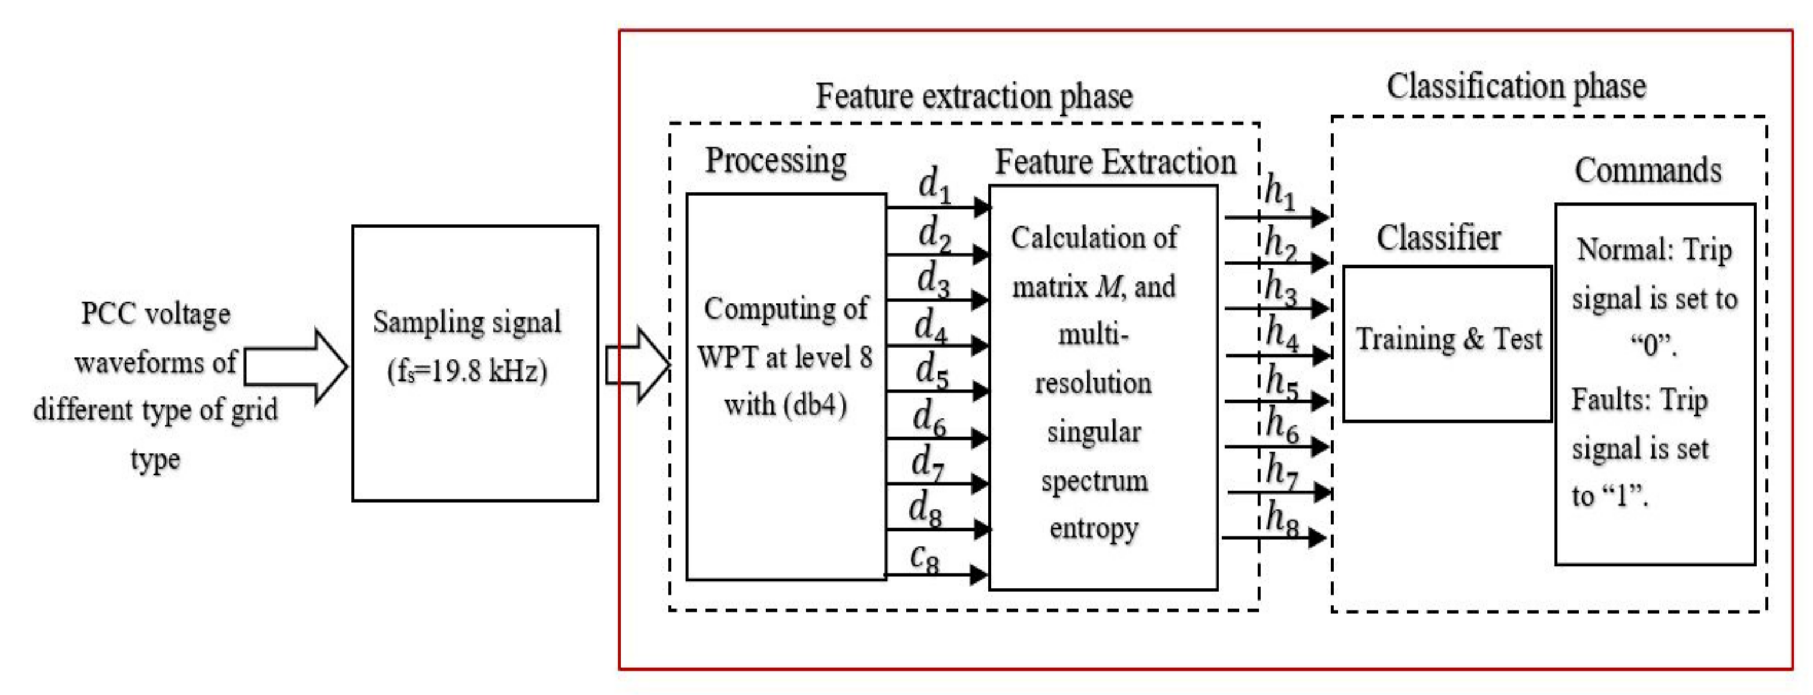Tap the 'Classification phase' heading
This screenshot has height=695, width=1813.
[x=1516, y=87]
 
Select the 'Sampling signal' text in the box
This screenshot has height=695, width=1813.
[x=467, y=322]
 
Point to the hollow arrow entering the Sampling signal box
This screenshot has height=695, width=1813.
[x=296, y=366]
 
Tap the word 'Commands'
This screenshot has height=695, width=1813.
[x=1648, y=171]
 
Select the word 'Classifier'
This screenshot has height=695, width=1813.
[x=1438, y=238]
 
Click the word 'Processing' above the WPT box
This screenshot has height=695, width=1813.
[x=776, y=160]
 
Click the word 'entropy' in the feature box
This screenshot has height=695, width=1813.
[x=1094, y=528]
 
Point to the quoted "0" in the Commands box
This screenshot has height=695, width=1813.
[x=1653, y=345]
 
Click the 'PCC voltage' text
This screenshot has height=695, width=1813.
[x=155, y=314]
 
